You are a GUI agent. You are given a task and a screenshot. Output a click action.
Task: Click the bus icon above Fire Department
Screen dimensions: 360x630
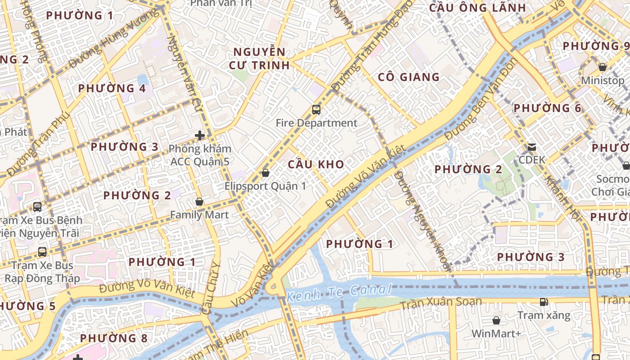[316, 110]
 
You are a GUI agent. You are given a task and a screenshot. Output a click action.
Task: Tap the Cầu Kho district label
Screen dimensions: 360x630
[316, 165]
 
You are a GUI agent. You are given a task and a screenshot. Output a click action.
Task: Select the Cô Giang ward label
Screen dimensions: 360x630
[409, 77]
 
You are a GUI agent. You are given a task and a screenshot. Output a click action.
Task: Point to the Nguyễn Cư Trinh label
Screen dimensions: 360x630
[259, 58]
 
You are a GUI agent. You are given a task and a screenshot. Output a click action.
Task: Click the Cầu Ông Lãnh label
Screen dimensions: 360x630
[477, 8]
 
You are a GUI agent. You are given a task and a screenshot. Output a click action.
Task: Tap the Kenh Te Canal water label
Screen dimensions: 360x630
[339, 292]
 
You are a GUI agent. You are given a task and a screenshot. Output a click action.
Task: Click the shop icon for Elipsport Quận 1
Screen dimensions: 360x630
[265, 173]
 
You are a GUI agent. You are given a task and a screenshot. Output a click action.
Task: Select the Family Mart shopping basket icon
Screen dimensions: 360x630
[199, 202]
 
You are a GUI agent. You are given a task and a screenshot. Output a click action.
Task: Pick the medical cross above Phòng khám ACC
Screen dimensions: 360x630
[200, 135]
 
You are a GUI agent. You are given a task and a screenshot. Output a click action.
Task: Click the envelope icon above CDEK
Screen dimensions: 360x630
[532, 147]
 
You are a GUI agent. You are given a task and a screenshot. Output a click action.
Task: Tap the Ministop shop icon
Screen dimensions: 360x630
[603, 67]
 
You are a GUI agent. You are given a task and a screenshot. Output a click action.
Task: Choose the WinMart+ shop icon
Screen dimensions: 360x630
[496, 320]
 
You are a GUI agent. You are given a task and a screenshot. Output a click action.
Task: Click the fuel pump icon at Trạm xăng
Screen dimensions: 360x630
[544, 302]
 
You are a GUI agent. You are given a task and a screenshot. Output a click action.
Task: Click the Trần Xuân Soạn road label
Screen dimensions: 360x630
[441, 303]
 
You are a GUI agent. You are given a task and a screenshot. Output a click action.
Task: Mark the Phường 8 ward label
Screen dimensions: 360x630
[113, 338]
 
